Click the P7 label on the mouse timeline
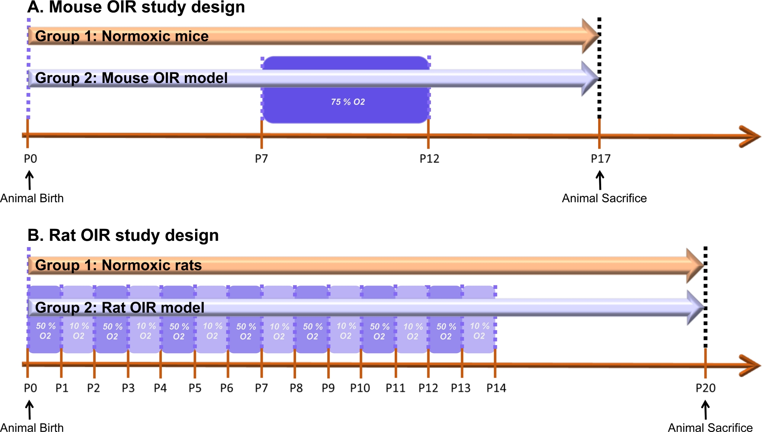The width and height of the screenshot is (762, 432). (261, 158)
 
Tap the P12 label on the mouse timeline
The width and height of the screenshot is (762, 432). (429, 158)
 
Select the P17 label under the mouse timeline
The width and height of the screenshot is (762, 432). (600, 158)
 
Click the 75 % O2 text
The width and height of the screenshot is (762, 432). (348, 102)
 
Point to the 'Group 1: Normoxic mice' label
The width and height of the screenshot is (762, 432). (122, 36)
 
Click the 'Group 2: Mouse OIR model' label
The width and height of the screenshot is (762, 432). (131, 78)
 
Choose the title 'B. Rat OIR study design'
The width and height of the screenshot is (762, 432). (123, 235)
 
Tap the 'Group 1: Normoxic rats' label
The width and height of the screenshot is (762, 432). (118, 265)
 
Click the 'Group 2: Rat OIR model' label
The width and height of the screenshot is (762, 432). (120, 307)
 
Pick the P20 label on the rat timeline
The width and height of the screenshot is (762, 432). (705, 388)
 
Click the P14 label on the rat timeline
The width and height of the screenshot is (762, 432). (496, 388)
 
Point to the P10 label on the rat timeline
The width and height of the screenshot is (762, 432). (360, 388)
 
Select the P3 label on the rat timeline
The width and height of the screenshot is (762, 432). (128, 388)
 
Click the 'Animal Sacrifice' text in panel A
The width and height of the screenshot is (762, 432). (604, 198)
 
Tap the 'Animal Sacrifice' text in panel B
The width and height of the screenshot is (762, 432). (710, 427)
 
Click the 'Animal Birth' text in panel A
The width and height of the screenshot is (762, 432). (32, 198)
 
